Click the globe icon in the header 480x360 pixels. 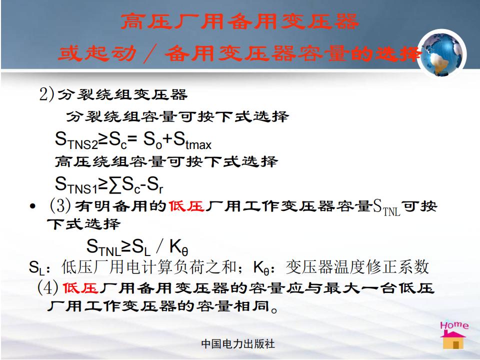click(442, 54)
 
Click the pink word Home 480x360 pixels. click(454, 325)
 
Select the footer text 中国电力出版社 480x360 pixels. click(238, 344)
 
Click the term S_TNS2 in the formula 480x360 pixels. click(76, 141)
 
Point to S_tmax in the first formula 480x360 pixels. click(192, 141)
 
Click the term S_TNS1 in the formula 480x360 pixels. click(76, 185)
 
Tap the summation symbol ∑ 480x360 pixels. click(115, 185)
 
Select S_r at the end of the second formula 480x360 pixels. click(154, 185)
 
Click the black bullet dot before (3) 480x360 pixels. click(32, 206)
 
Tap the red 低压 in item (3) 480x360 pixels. click(186, 206)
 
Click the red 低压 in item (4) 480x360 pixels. click(80, 288)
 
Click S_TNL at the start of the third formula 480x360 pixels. click(103, 246)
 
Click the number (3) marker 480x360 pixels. click(60, 205)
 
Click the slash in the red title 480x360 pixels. click(150, 53)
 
